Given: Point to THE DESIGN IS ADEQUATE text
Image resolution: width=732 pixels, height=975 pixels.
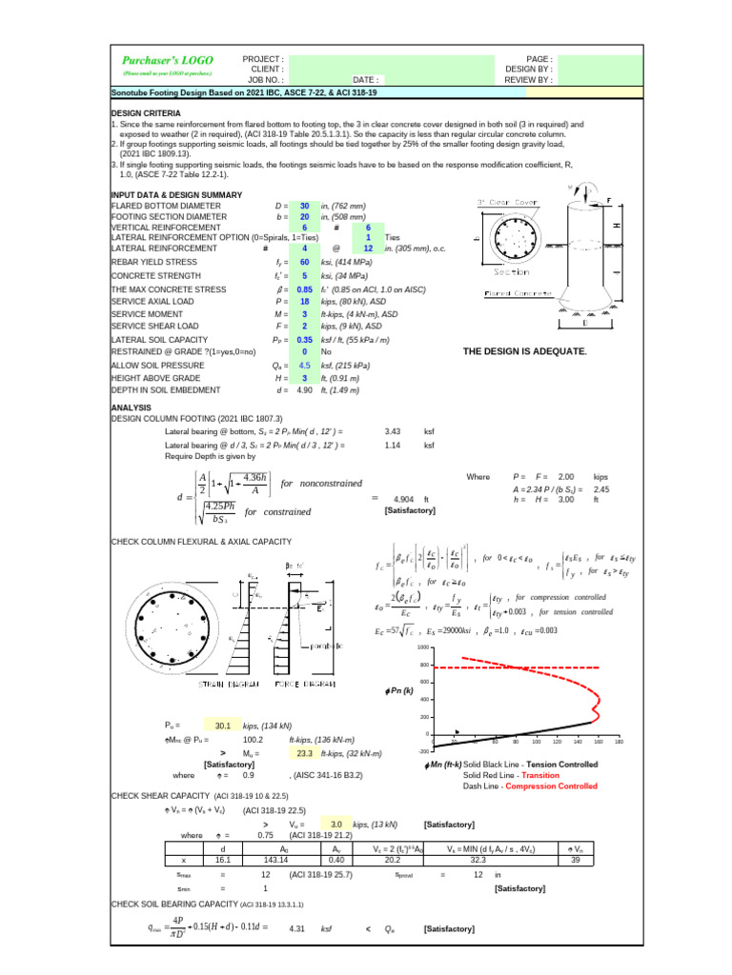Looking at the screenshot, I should (524, 351).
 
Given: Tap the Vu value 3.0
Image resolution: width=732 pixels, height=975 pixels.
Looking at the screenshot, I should (335, 824).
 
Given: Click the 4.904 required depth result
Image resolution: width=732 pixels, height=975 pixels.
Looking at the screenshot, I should (403, 499).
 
